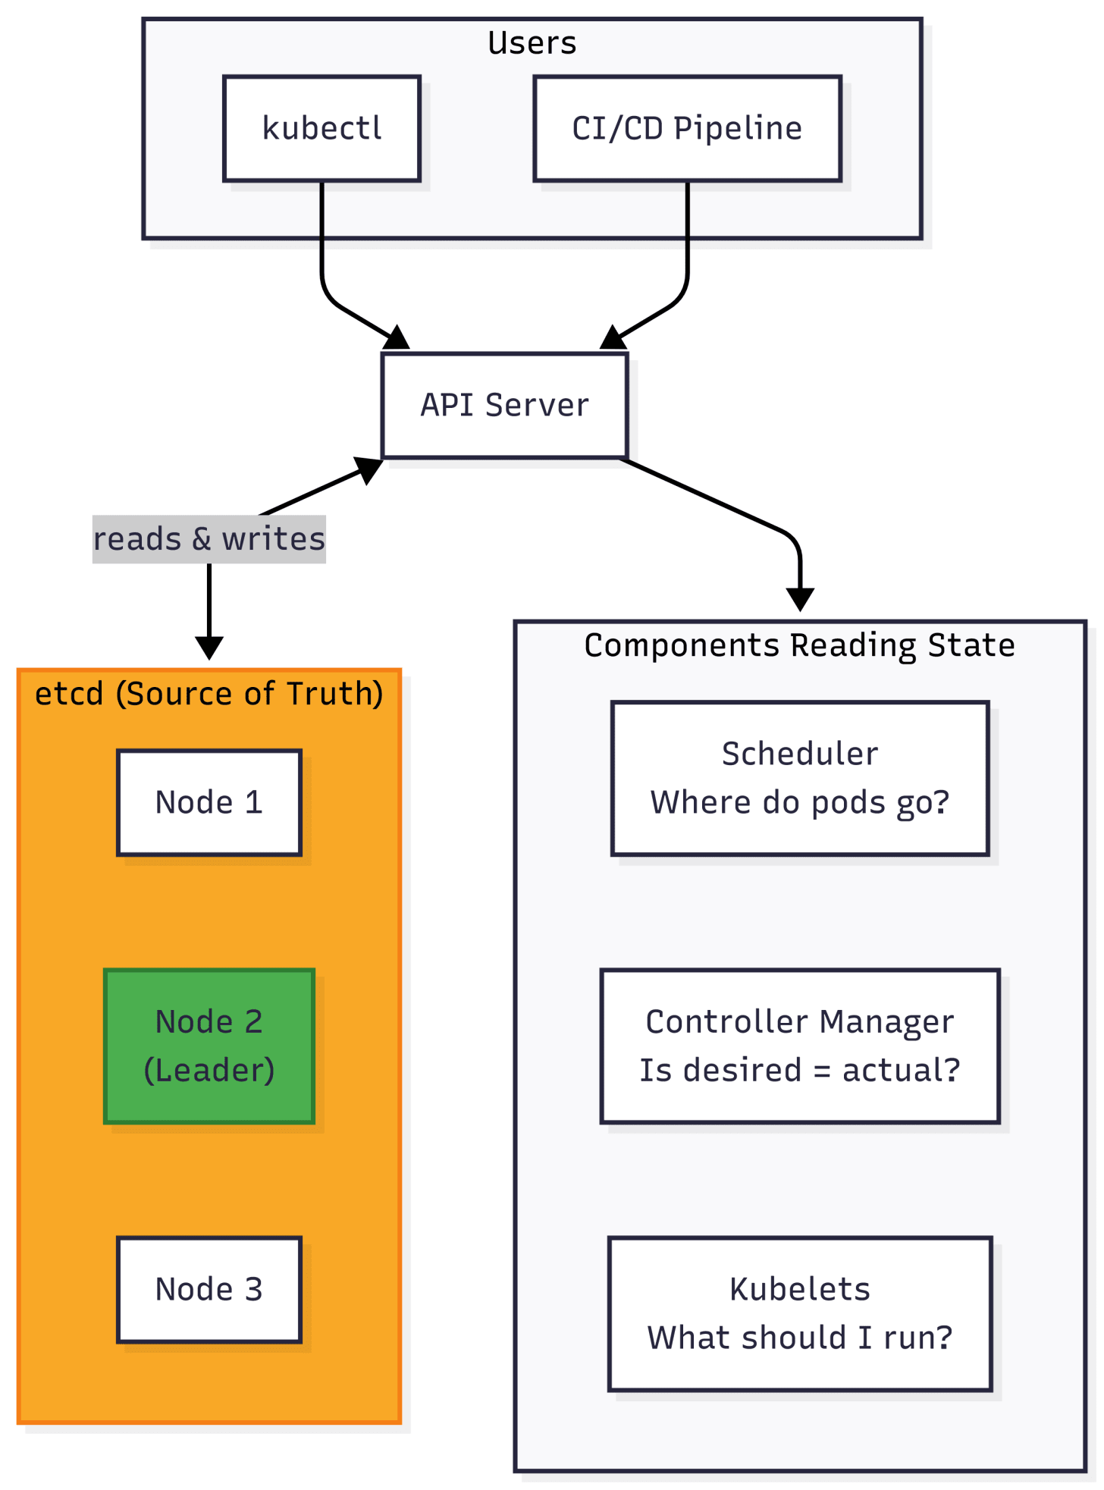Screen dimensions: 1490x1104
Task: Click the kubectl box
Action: tap(321, 128)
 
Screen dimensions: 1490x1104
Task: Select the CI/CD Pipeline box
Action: tap(687, 128)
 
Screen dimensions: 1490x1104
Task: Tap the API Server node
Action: tap(504, 405)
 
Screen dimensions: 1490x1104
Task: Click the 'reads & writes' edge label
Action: tap(209, 539)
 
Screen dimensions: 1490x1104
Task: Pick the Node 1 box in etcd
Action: tap(209, 802)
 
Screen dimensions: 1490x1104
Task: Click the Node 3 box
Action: tap(209, 1289)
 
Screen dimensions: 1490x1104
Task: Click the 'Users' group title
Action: tap(532, 43)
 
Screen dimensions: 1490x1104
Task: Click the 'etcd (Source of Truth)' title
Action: tap(209, 693)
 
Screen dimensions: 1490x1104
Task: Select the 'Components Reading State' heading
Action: tap(799, 645)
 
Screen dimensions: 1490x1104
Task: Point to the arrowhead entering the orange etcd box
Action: tap(209, 649)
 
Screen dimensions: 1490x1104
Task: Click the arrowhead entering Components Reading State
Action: tap(800, 600)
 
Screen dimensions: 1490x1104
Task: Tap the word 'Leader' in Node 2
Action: tap(209, 1070)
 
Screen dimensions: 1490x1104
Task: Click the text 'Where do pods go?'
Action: tap(800, 802)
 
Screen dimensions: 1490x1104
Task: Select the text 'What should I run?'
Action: tap(800, 1338)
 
